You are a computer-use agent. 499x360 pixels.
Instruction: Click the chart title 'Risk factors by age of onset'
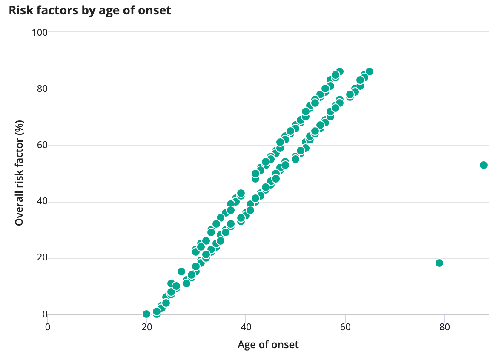click(90, 11)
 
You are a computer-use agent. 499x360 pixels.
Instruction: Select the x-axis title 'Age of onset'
click(268, 344)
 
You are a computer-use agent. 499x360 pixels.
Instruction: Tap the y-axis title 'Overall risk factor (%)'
click(20, 173)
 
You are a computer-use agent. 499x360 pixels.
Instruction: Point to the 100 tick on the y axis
click(40, 32)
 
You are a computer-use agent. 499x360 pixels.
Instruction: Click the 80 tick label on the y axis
click(42, 89)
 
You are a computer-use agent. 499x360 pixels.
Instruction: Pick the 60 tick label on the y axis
click(42, 145)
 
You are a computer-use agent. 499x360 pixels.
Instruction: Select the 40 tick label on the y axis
click(42, 202)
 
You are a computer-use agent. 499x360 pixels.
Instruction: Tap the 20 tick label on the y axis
click(42, 258)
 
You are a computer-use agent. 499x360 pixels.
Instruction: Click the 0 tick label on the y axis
click(45, 314)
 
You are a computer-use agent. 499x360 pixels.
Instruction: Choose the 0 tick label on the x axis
click(47, 327)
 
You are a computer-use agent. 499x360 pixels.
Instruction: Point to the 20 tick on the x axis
click(147, 327)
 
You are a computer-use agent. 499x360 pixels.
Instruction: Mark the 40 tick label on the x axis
click(246, 327)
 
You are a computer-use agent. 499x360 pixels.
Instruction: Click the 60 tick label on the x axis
click(345, 327)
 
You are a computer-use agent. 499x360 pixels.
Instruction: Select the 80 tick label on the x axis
click(445, 327)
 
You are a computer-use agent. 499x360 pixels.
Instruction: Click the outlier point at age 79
click(439, 263)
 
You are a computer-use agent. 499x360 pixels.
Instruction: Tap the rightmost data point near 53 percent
click(484, 165)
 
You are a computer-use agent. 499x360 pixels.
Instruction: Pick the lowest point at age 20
click(146, 314)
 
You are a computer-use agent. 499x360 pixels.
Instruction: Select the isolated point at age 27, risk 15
click(181, 271)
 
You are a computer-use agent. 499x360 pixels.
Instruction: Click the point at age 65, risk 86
click(370, 71)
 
